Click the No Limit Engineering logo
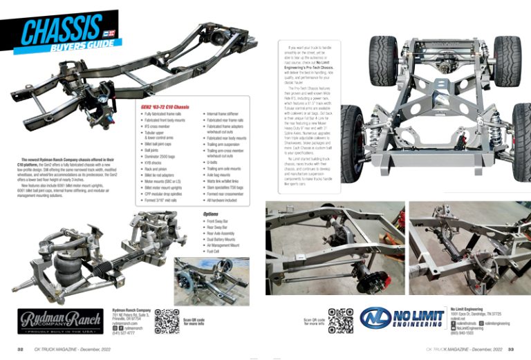[x=402, y=318]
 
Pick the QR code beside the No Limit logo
[x=341, y=320]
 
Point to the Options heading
[x=211, y=214]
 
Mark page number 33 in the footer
[x=510, y=350]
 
